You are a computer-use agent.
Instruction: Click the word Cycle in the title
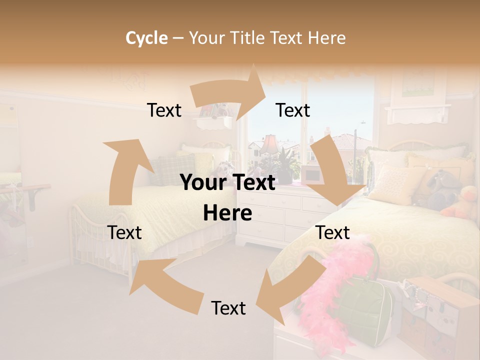[146, 38]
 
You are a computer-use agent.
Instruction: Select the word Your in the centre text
[203, 183]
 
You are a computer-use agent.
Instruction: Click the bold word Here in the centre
[227, 213]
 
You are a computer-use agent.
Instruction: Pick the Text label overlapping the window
[292, 110]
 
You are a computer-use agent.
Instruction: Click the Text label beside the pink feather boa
[332, 232]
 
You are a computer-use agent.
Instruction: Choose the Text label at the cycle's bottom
[228, 308]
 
